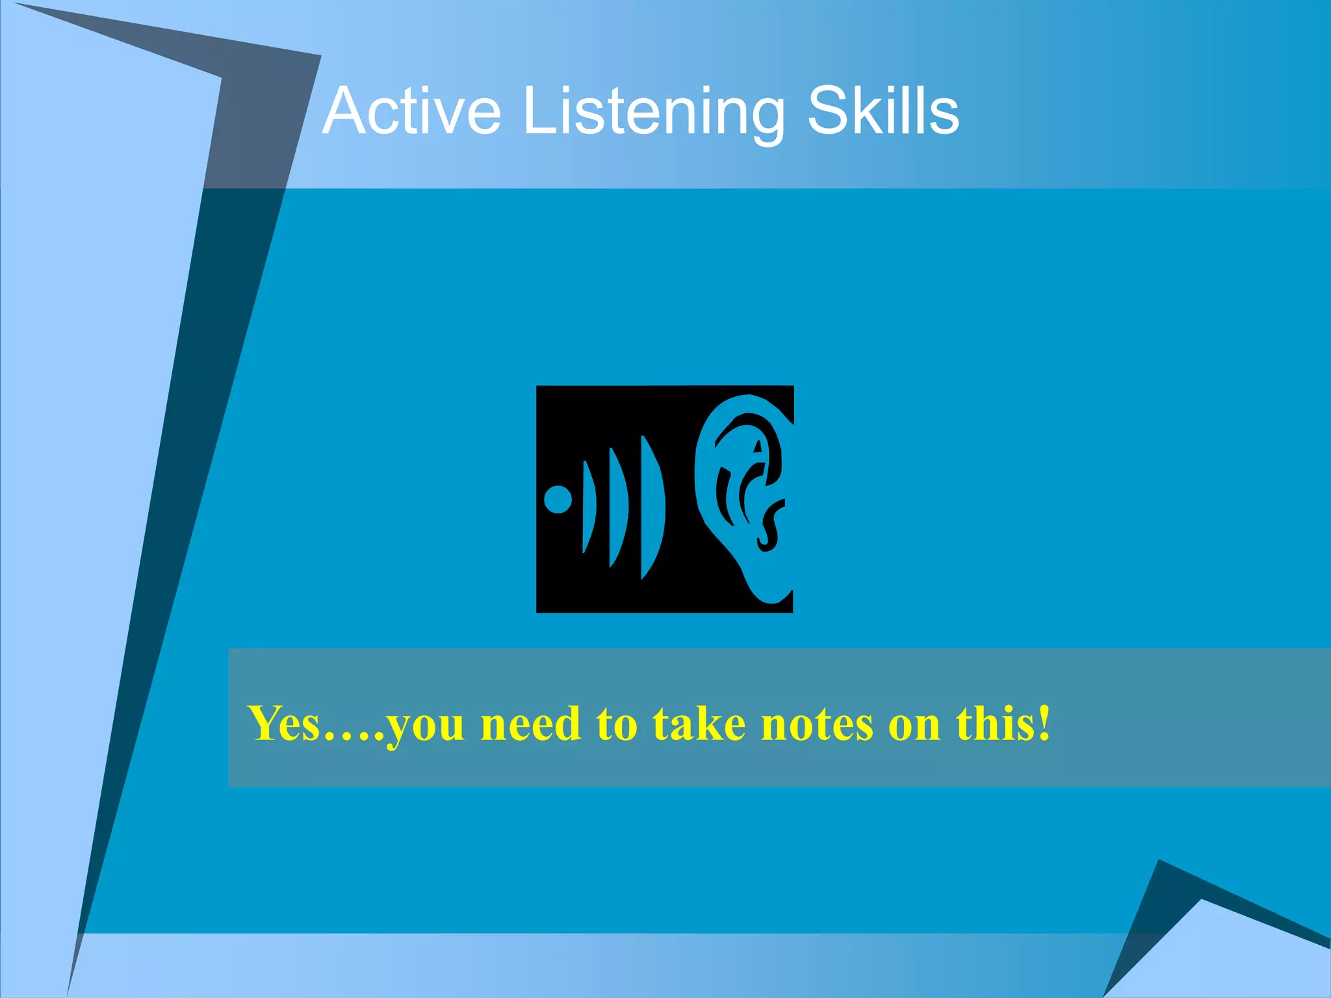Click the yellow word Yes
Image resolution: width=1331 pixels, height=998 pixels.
(285, 723)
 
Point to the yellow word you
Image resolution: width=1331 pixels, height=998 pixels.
(426, 726)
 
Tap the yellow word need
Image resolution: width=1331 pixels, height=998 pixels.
(530, 723)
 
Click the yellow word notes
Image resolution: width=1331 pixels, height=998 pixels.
(817, 723)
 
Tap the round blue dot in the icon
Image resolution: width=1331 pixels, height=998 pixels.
(558, 500)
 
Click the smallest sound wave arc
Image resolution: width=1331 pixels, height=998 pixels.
(589, 507)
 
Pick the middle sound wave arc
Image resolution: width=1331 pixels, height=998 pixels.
(618, 507)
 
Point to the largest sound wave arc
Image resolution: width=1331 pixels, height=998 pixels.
(653, 507)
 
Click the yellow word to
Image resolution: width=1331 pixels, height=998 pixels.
(617, 723)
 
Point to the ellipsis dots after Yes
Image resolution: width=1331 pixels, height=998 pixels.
(354, 737)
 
